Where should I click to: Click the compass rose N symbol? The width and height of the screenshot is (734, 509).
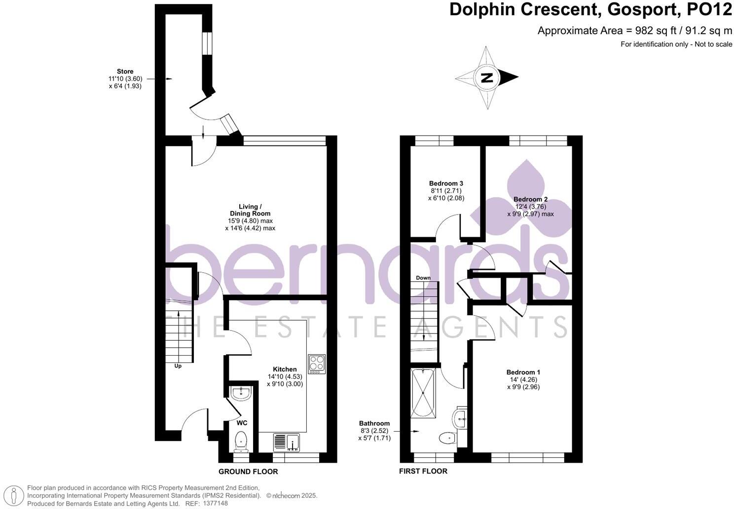(487, 77)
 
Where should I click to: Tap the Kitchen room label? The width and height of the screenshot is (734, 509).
(285, 369)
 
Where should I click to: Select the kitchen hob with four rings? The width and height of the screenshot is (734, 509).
(316, 364)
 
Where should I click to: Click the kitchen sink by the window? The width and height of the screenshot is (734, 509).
(287, 441)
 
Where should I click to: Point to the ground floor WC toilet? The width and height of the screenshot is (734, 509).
(241, 440)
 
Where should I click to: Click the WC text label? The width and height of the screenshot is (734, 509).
(242, 423)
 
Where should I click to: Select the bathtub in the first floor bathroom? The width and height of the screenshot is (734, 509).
(423, 393)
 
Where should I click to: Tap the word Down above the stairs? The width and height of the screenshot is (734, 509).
(423, 278)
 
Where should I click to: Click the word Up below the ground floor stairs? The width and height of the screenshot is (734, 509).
(178, 366)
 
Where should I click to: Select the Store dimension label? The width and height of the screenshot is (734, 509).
(125, 78)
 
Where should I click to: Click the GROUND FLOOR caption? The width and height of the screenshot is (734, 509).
(248, 472)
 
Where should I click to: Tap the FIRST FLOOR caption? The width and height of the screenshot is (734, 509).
(423, 471)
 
